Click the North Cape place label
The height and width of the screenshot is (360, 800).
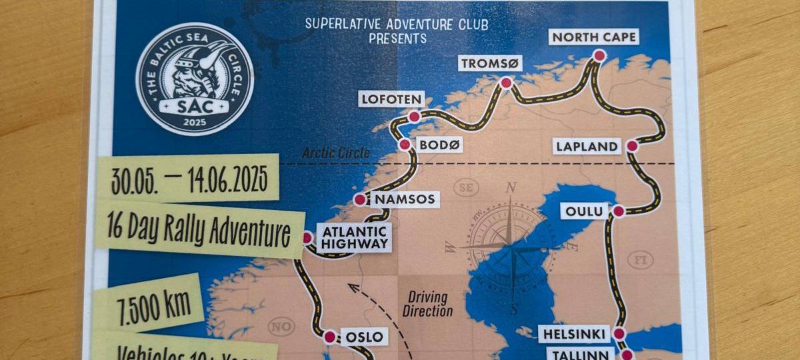(593, 36)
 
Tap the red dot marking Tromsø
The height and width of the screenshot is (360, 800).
(506, 83)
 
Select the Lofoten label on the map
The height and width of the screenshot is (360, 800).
(391, 100)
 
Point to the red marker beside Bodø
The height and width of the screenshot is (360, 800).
(405, 144)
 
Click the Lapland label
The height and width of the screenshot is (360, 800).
(587, 147)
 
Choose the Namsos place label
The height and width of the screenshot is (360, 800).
(405, 199)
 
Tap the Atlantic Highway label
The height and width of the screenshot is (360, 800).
(354, 237)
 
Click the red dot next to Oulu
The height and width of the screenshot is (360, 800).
(618, 211)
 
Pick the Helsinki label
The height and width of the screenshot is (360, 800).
(574, 334)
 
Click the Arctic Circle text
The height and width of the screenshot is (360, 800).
(335, 153)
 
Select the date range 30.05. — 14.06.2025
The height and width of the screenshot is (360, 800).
(189, 179)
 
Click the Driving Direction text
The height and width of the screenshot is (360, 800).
(427, 305)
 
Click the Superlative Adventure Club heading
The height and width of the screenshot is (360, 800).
(397, 25)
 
